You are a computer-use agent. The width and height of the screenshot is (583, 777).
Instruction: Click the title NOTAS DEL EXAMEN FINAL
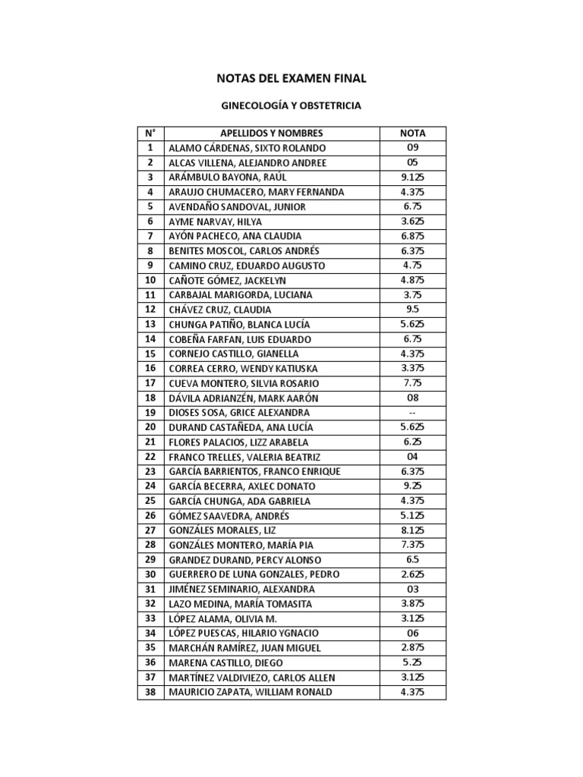291,78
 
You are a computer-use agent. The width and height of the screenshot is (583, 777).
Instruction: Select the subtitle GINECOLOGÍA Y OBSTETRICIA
291,106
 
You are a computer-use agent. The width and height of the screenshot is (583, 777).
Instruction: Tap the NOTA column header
412,133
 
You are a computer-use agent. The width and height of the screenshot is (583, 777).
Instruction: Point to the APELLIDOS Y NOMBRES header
271,133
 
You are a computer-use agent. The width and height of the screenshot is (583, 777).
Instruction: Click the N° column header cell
150,133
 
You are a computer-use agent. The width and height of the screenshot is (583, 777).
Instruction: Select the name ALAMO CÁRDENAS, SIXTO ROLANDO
247,148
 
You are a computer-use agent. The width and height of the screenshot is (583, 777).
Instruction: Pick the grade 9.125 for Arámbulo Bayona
412,177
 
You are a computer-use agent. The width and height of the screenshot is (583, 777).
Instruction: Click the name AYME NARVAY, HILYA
216,222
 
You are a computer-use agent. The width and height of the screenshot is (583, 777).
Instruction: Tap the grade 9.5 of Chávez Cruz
412,310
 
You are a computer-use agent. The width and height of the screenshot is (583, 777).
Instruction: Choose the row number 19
150,413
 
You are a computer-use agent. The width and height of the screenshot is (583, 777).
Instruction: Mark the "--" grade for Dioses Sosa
412,413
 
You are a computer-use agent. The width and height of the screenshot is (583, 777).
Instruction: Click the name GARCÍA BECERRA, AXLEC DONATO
241,486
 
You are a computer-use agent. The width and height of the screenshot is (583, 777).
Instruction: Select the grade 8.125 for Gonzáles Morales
412,530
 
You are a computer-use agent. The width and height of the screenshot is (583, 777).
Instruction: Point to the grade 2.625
412,574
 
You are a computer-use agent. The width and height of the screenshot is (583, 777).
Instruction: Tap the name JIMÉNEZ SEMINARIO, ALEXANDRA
241,590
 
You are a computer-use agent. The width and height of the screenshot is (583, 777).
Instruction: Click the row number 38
150,692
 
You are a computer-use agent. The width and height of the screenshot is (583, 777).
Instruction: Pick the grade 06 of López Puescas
412,634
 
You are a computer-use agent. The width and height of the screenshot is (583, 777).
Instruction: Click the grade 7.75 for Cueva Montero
412,383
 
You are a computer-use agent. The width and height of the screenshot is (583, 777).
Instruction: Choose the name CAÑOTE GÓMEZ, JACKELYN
227,280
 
